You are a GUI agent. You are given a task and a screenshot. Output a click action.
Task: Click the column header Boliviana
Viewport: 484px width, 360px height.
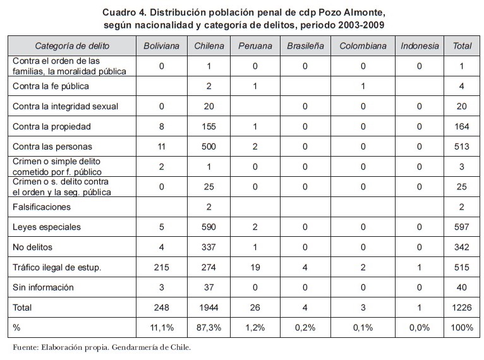[x=161, y=46]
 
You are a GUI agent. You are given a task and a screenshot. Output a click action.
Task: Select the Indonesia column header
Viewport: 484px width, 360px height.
[x=419, y=46]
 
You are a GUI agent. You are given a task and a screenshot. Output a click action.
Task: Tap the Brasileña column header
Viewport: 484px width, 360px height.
[x=305, y=46]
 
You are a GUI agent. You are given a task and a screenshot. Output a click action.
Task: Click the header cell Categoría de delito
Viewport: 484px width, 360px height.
[x=72, y=46]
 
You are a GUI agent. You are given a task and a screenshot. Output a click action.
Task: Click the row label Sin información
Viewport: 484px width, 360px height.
[x=43, y=287]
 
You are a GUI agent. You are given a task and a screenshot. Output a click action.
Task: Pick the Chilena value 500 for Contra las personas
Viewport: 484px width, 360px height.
[x=209, y=147]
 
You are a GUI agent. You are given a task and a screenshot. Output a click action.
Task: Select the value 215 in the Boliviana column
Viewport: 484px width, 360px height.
[x=161, y=267]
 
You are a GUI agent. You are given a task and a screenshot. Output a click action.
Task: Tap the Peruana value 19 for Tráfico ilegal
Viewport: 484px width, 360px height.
[x=255, y=267]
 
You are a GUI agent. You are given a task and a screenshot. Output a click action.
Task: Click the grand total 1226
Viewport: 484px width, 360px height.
[x=462, y=308]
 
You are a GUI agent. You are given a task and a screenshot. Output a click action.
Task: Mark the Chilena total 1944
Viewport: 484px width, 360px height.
[x=209, y=308]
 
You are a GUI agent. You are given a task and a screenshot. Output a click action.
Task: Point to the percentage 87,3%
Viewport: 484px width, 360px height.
[x=209, y=328]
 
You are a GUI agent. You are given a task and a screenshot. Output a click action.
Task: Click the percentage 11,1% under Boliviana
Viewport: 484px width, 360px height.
[x=161, y=328]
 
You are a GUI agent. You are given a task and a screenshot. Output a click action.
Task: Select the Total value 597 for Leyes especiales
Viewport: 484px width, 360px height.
[x=462, y=227]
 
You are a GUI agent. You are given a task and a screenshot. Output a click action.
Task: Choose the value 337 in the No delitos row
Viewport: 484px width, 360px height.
[x=209, y=247]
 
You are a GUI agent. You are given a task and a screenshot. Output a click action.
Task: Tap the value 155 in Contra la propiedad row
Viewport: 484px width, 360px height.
[x=209, y=126]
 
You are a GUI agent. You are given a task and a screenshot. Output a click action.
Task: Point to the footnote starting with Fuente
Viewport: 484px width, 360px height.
[x=102, y=347]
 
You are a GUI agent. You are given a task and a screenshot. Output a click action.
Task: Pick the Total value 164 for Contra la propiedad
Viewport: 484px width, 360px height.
[x=462, y=126]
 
